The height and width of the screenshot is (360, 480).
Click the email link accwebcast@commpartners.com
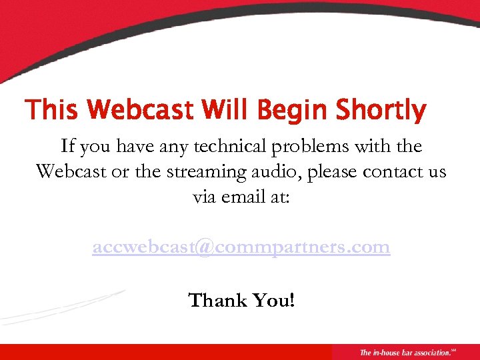(x=241, y=247)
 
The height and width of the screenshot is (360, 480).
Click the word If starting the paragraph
(x=67, y=146)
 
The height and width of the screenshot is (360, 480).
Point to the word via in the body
(x=205, y=197)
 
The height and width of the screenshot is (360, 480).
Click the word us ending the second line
(x=435, y=173)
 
